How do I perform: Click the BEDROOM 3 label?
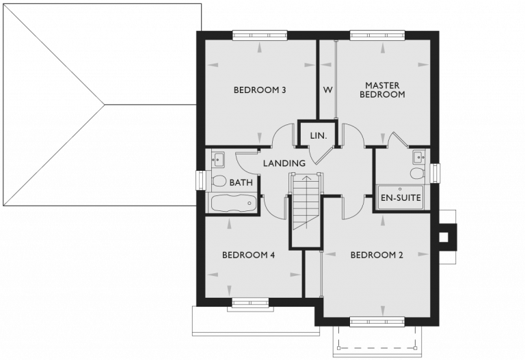click(259, 89)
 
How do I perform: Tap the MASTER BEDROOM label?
click(381, 90)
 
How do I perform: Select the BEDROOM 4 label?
click(248, 255)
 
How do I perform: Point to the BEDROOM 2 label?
click(377, 255)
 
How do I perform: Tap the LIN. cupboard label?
click(319, 135)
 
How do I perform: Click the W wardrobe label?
click(327, 89)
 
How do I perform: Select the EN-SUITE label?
click(401, 198)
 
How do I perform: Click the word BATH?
click(241, 182)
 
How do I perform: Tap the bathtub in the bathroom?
click(232, 203)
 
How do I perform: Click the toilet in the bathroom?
click(219, 181)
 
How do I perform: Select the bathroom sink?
click(218, 160)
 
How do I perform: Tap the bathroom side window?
click(200, 180)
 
